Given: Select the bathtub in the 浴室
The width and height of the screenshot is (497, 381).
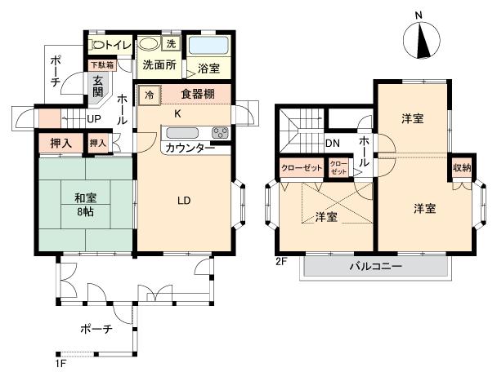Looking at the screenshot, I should [x=210, y=45].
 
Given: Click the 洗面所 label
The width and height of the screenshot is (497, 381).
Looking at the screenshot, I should [x=159, y=65].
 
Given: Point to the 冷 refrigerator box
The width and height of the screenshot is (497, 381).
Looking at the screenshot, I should [x=149, y=94].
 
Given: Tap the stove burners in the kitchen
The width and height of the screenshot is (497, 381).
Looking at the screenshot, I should [x=220, y=132].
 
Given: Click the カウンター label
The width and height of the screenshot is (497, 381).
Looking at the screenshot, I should [x=189, y=148].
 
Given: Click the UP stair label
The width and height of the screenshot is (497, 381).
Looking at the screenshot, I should [x=95, y=119].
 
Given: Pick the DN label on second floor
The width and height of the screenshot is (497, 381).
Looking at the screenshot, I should [x=332, y=144].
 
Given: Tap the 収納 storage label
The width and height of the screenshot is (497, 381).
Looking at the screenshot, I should [x=461, y=168].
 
